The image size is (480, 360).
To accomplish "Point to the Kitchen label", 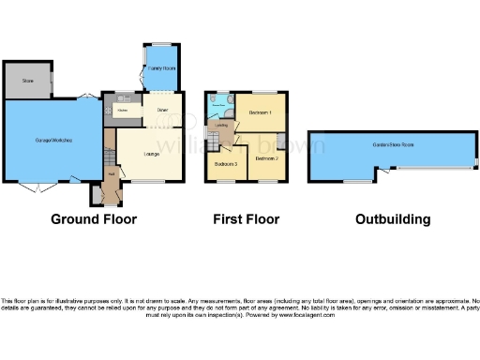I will point(122,110).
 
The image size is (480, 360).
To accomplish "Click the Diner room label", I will point(149,111).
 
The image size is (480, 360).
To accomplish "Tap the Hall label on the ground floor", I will point(110,173).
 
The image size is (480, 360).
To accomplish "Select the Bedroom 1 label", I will point(260,112).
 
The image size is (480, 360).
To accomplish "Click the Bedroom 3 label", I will point(225,164).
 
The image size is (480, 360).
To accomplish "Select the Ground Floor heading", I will point(94,219).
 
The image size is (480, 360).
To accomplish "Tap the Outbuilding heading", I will point(393,219).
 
